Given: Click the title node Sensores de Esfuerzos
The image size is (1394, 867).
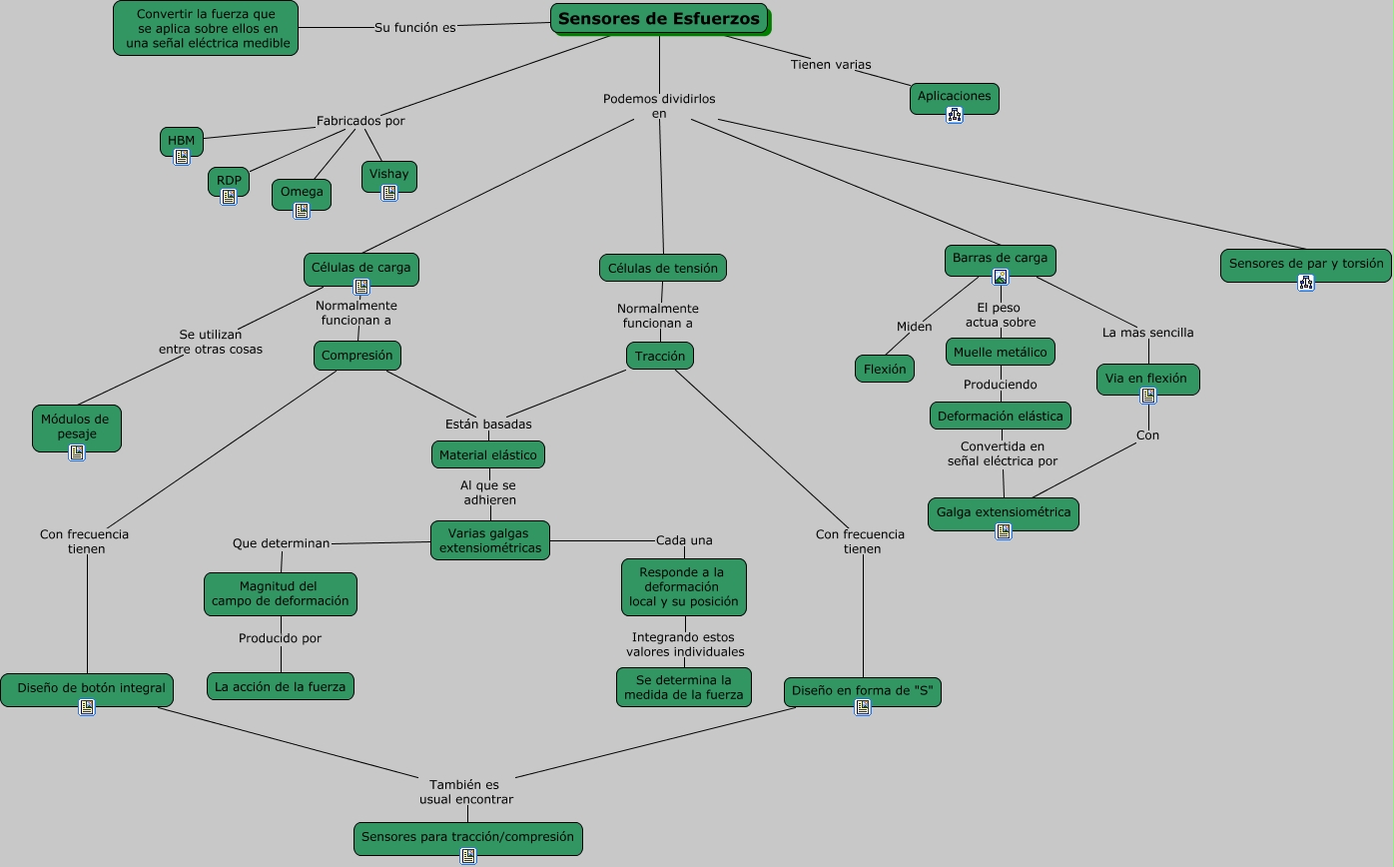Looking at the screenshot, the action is click(660, 19).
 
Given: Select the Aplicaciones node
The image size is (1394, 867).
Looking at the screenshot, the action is click(954, 98).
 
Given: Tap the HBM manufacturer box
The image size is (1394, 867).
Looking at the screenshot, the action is click(181, 141).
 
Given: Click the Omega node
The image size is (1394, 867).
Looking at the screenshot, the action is click(302, 194).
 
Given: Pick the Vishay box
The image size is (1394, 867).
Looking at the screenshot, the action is click(389, 176).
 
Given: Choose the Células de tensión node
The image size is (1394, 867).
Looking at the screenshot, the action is click(663, 268).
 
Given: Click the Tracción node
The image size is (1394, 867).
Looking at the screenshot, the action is click(660, 356).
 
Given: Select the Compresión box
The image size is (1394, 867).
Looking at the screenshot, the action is click(357, 356).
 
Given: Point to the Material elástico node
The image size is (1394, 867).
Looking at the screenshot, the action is click(488, 454).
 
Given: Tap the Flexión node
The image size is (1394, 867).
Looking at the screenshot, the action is click(885, 369).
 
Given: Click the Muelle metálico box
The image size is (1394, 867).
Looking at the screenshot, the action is click(1001, 352).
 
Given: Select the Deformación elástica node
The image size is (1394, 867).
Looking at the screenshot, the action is click(1001, 416).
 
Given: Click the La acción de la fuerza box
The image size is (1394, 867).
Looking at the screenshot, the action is click(280, 686).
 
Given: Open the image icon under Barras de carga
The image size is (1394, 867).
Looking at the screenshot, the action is click(1001, 277).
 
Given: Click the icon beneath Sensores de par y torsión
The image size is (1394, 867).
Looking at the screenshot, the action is click(1306, 283).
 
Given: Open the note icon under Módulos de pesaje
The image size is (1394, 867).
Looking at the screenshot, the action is click(77, 452).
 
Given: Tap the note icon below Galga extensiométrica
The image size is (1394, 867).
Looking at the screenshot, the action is click(1004, 531).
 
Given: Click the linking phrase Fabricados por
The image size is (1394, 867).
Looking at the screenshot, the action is click(360, 121).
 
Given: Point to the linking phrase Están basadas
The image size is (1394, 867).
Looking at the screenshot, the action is click(488, 424).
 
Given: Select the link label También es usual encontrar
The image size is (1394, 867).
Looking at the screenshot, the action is click(466, 792).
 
